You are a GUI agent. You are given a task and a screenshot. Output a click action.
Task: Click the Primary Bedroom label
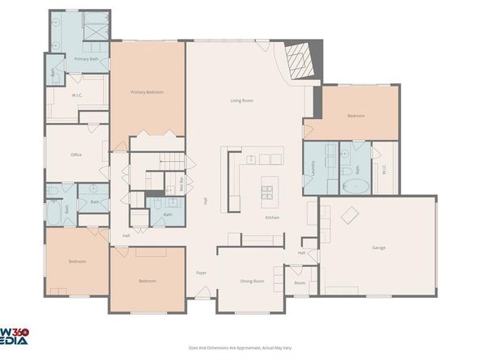(147, 93)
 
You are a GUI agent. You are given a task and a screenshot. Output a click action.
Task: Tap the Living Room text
(242, 100)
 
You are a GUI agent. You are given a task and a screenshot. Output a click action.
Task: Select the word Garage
(378, 247)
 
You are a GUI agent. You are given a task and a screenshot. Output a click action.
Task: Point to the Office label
(76, 155)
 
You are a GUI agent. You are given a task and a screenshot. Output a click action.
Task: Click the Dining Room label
(252, 281)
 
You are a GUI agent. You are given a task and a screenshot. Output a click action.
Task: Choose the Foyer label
(202, 273)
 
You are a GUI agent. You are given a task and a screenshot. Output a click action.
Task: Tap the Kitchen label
(273, 218)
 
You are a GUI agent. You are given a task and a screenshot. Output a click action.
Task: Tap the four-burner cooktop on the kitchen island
(266, 192)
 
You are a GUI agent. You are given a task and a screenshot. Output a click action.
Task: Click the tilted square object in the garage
(351, 215)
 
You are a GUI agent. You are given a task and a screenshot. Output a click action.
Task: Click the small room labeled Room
(300, 283)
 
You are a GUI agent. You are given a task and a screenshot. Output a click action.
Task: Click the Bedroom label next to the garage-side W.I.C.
(356, 116)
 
